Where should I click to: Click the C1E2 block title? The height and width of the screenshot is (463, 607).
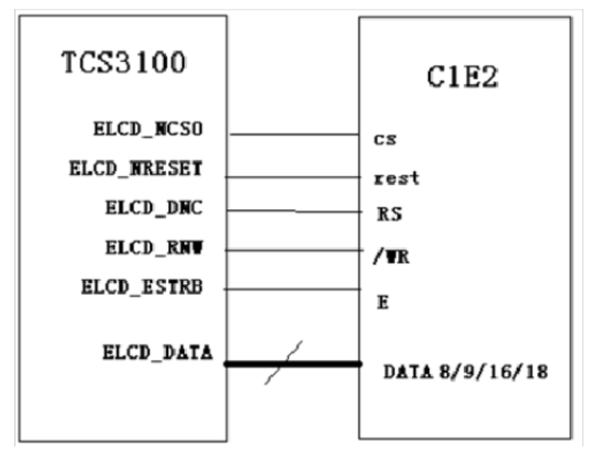[x=462, y=79]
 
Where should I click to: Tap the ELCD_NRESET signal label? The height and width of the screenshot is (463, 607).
[x=136, y=169]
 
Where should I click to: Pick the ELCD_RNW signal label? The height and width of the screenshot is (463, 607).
[x=154, y=247]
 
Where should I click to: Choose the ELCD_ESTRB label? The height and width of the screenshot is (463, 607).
[x=142, y=287]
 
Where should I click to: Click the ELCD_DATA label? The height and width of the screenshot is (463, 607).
[x=158, y=352]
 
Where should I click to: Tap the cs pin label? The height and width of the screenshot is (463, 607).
[x=385, y=139]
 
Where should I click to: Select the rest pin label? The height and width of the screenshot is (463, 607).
[x=397, y=178]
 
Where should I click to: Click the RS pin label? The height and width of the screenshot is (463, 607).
[x=389, y=214]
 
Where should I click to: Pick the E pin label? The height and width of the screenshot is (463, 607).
[x=381, y=302]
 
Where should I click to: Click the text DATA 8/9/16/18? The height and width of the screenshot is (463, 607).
[x=465, y=372]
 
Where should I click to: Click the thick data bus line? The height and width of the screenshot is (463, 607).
[x=325, y=363]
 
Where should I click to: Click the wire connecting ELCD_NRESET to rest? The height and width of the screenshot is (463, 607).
[x=294, y=176]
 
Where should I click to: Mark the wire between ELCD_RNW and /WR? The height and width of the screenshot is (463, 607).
[x=294, y=251]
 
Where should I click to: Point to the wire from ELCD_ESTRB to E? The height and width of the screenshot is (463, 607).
[x=294, y=290]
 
